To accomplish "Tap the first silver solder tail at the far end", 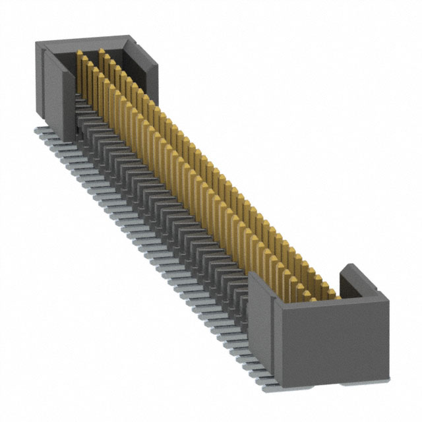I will [38, 131].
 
